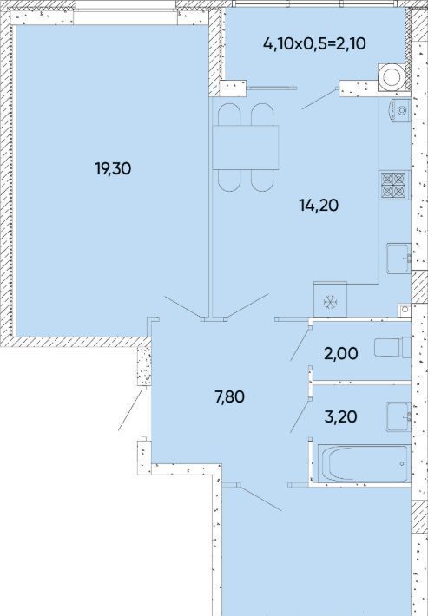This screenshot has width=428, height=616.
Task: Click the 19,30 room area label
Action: point(113,169)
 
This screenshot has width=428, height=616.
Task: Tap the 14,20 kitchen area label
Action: point(319,205)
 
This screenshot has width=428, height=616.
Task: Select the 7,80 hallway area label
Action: point(229,396)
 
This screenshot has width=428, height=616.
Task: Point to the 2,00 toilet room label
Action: point(340,354)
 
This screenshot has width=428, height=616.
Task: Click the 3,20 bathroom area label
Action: point(340,416)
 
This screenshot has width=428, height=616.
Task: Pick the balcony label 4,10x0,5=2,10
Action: point(314,43)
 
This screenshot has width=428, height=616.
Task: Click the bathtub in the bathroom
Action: point(364,463)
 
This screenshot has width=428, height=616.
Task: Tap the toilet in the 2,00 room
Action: point(392,348)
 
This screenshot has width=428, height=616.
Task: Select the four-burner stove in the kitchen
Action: point(394,185)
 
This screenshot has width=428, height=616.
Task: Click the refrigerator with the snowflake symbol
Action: point(330,299)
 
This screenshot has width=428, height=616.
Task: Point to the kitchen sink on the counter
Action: point(398,258)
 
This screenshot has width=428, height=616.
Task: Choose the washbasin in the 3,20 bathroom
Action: point(398,416)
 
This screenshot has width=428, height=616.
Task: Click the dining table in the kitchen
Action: point(246,147)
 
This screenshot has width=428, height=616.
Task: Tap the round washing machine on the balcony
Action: point(392,77)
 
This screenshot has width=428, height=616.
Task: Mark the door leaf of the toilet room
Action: point(300,343)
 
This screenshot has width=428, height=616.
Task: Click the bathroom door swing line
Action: point(300,416)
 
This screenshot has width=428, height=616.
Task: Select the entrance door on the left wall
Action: point(131,409)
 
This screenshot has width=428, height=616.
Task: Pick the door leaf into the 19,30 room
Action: point(184,307)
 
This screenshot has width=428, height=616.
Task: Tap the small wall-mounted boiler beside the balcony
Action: point(399,110)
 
